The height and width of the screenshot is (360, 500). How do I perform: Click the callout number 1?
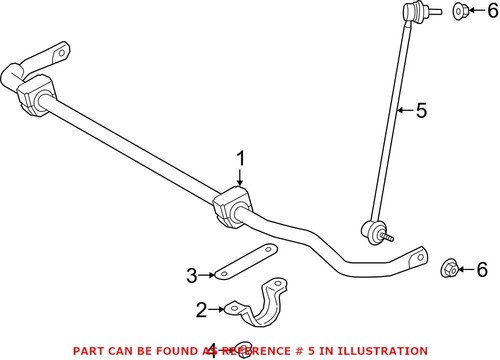240,159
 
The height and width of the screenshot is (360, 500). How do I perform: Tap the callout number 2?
201,310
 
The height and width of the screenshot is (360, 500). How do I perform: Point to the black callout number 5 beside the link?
421,111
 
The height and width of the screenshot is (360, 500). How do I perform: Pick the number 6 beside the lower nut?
482,269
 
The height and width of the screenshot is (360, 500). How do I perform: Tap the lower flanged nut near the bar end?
451,267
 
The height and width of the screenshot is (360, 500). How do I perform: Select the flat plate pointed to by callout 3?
244,263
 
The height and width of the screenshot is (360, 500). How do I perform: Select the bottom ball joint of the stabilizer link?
375,231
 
